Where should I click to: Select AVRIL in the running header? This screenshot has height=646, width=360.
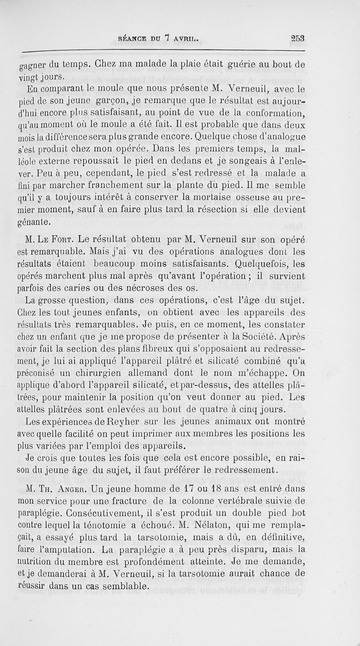click(186, 39)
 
